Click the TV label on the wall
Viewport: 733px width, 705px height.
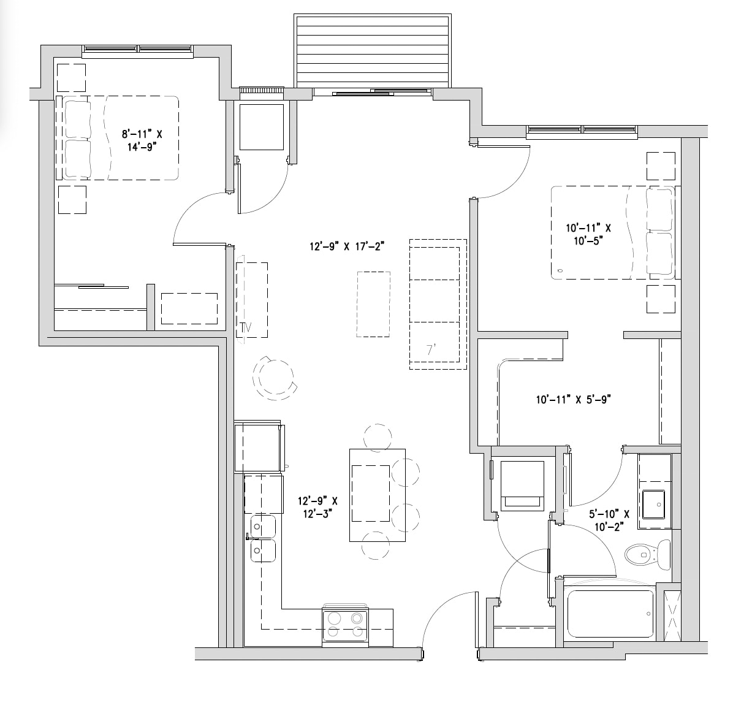coord(246,328)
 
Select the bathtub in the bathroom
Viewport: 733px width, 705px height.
coord(609,614)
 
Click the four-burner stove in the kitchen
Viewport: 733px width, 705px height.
coord(346,625)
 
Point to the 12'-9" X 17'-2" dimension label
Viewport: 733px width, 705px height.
coord(347,246)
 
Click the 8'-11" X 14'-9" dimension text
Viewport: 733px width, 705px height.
coord(142,140)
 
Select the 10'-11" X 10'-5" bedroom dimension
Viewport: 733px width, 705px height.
coord(588,234)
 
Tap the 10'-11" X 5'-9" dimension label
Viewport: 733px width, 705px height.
coord(574,400)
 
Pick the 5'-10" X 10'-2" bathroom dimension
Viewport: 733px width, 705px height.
coord(609,520)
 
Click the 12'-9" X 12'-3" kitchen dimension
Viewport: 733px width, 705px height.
coord(318,507)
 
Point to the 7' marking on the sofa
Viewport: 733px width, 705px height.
coord(431,349)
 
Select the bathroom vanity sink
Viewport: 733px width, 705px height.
coord(653,505)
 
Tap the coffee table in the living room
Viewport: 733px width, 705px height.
coord(373,304)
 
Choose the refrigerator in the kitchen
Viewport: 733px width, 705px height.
coord(259,446)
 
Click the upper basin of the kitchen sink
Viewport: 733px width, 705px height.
coord(263,527)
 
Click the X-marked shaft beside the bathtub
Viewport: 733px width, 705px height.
coord(672,615)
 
